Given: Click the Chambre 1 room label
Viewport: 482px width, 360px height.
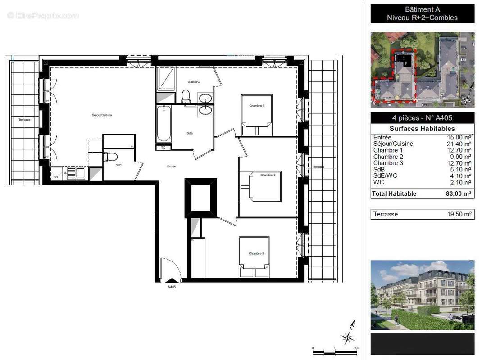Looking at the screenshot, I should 257,106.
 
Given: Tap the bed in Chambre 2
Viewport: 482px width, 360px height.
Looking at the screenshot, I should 260,186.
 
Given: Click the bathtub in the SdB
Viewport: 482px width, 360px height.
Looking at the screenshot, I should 164,124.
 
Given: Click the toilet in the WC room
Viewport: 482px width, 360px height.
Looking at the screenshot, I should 111,157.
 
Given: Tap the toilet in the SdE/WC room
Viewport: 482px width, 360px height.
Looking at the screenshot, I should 185,96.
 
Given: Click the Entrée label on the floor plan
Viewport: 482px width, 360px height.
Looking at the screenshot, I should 171,166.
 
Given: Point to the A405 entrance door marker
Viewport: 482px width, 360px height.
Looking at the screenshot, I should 172,281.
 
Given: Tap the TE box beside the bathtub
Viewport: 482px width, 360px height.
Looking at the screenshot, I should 163,147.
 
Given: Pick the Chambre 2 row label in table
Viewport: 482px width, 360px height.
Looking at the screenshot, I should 385,157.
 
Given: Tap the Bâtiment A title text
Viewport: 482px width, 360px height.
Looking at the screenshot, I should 422,9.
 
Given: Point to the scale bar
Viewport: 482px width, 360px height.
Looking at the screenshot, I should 336,349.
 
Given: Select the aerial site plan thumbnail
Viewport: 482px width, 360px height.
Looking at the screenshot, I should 422,69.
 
